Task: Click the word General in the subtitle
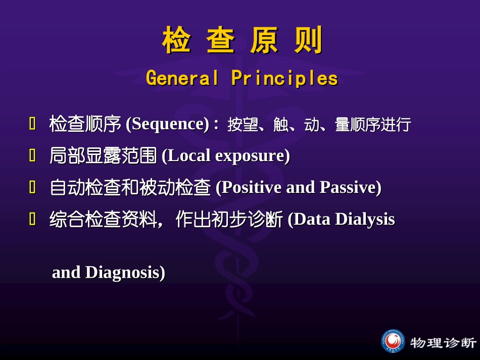pos(182,78)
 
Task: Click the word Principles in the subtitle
pos(284,78)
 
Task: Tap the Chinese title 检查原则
pos(242,40)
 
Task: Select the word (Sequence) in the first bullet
pos(168,124)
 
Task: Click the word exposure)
pos(253,156)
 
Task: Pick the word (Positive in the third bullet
pos(249,187)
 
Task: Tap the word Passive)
pos(351,187)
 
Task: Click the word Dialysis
pos(365,219)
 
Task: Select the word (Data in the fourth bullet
pos(309,219)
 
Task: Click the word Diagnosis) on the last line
pos(125,273)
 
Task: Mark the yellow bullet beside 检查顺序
pos(32,124)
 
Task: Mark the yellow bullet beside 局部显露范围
pos(32,155)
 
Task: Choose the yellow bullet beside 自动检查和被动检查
pos(32,187)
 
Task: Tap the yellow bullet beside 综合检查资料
pos(32,219)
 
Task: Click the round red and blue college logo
pos(393,341)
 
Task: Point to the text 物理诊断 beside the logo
pos(443,342)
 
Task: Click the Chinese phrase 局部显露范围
pos(103,156)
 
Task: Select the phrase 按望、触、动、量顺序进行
pos(319,125)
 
